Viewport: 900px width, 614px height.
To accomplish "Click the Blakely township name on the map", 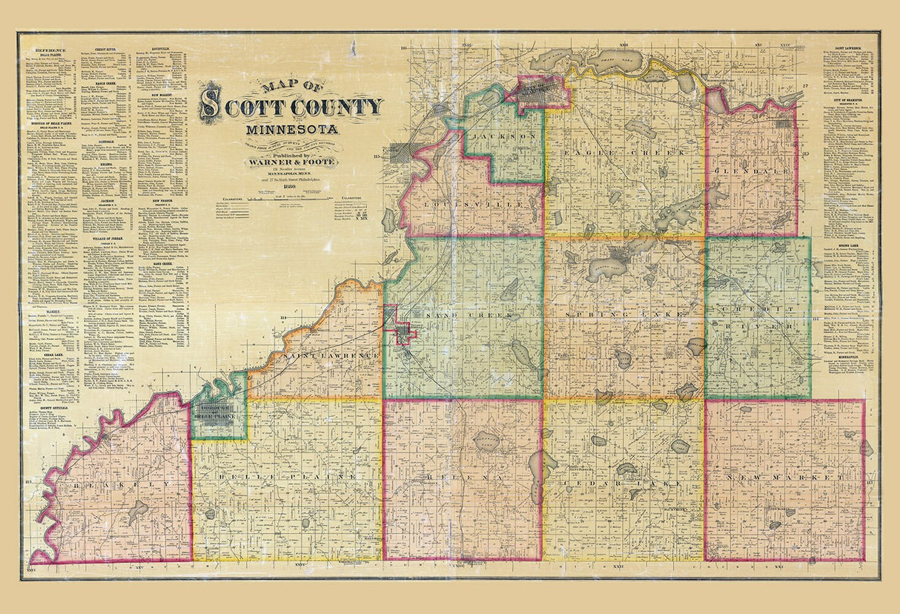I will click(115, 484).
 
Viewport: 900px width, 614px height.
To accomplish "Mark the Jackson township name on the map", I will click(504, 137).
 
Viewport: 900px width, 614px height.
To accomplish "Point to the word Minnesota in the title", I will click(291, 129).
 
